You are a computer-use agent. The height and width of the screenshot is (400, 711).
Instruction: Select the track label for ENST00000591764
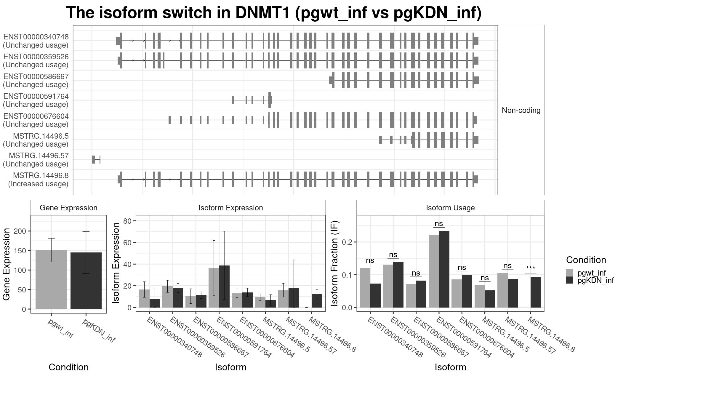(36, 100)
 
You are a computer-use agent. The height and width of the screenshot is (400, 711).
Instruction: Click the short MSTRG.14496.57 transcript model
(96, 159)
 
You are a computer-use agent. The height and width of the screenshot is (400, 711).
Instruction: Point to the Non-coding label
(521, 110)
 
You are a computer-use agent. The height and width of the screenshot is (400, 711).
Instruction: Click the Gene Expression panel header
(68, 208)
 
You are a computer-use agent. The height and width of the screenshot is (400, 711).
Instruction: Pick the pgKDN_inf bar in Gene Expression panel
(86, 281)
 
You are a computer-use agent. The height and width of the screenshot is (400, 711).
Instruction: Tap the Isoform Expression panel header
(230, 208)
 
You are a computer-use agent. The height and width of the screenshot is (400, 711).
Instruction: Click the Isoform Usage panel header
(450, 208)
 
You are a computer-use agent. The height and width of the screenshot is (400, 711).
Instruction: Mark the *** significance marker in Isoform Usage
(530, 268)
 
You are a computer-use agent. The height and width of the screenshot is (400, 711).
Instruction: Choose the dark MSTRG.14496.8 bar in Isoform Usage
(536, 292)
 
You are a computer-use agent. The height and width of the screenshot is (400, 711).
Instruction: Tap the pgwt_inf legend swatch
(569, 273)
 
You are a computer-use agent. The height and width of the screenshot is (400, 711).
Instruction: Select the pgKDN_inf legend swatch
(569, 280)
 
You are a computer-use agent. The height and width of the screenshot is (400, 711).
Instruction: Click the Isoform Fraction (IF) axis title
(335, 263)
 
